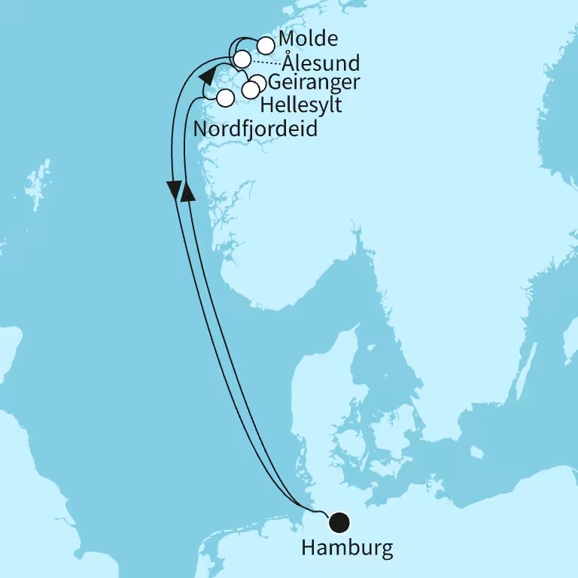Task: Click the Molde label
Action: pyautogui.click(x=308, y=39)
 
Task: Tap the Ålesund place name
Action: pyautogui.click(x=327, y=61)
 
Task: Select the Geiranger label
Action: pyautogui.click(x=314, y=82)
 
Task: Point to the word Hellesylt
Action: pyautogui.click(x=301, y=105)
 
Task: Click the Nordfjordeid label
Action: pyautogui.click(x=255, y=129)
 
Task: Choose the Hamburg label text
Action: pyautogui.click(x=347, y=548)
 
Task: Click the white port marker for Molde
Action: pyautogui.click(x=266, y=45)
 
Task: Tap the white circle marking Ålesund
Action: pyautogui.click(x=242, y=59)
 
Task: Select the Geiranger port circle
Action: pyautogui.click(x=257, y=82)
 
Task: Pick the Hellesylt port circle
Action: pyautogui.click(x=251, y=90)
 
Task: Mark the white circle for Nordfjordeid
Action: pyautogui.click(x=224, y=98)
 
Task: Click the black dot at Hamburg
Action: pyautogui.click(x=340, y=521)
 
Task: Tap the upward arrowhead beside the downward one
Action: pyautogui.click(x=188, y=192)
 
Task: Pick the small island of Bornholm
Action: pyautogui.click(x=476, y=452)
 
